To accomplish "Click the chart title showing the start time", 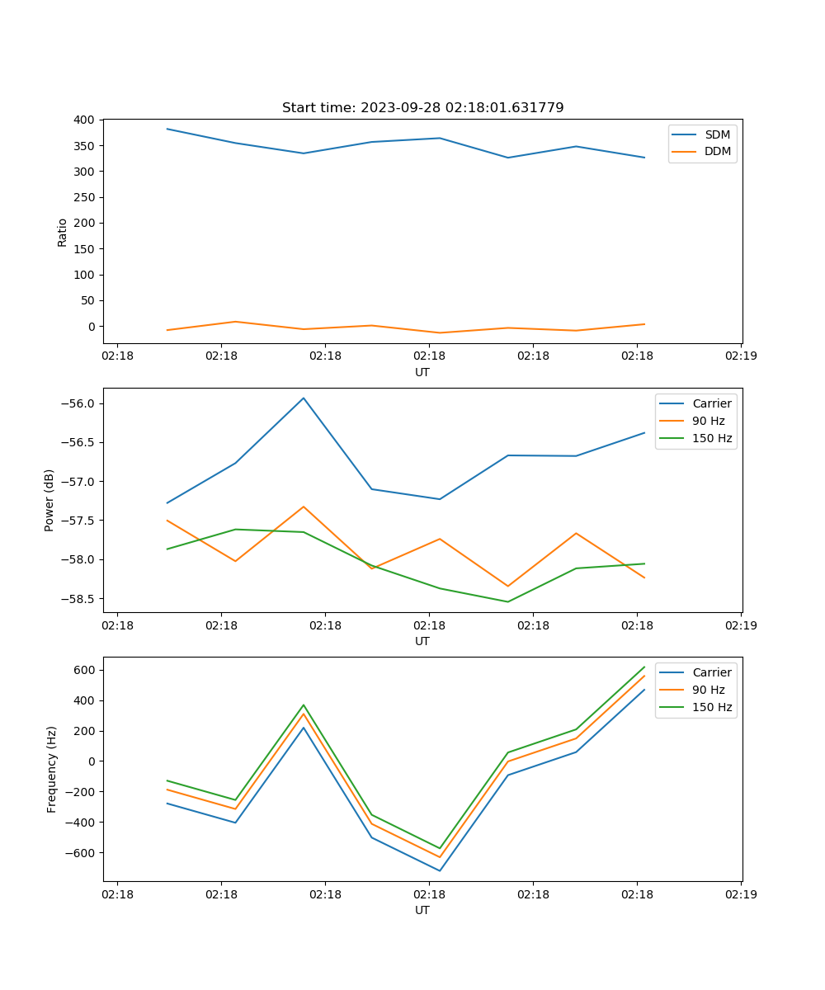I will (x=422, y=108).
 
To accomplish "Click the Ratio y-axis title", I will (x=63, y=232).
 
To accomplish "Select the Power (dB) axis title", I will (x=49, y=500).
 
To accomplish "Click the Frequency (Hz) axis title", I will (x=52, y=769).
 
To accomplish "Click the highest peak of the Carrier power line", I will (x=304, y=398).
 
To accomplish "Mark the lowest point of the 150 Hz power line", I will (x=507, y=601).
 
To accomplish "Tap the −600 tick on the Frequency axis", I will (x=82, y=853).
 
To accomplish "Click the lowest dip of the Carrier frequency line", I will (x=440, y=870).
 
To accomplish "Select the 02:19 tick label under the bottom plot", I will (x=741, y=894).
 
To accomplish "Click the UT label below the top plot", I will (x=422, y=372).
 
